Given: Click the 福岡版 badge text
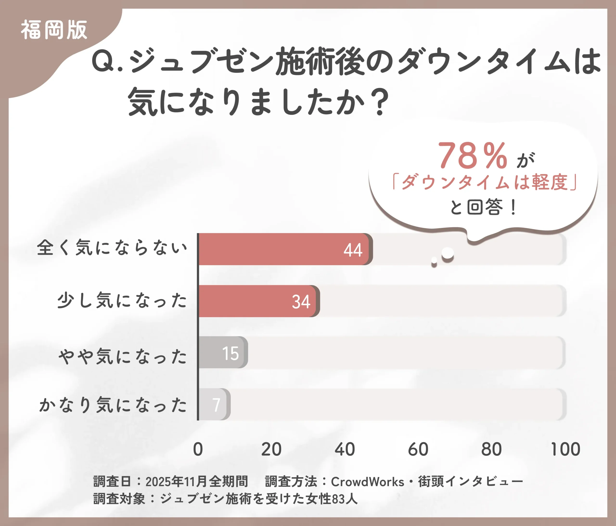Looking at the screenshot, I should click(54, 30).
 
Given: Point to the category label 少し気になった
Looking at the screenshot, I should click(122, 300).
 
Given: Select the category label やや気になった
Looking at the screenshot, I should click(122, 356).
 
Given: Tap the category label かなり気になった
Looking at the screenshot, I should click(113, 405).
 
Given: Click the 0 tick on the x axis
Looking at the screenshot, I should click(198, 449).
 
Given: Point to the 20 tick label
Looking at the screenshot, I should click(271, 449).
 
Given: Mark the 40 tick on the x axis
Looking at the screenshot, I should click(345, 449).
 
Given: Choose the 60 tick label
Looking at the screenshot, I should click(418, 449).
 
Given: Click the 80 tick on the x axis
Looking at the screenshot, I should click(491, 449).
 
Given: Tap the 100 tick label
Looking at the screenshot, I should click(565, 449).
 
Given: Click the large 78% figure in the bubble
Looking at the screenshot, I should click(472, 155).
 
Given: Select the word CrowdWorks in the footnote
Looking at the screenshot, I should click(367, 482).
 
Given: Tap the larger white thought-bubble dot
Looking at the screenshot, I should click(447, 253).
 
